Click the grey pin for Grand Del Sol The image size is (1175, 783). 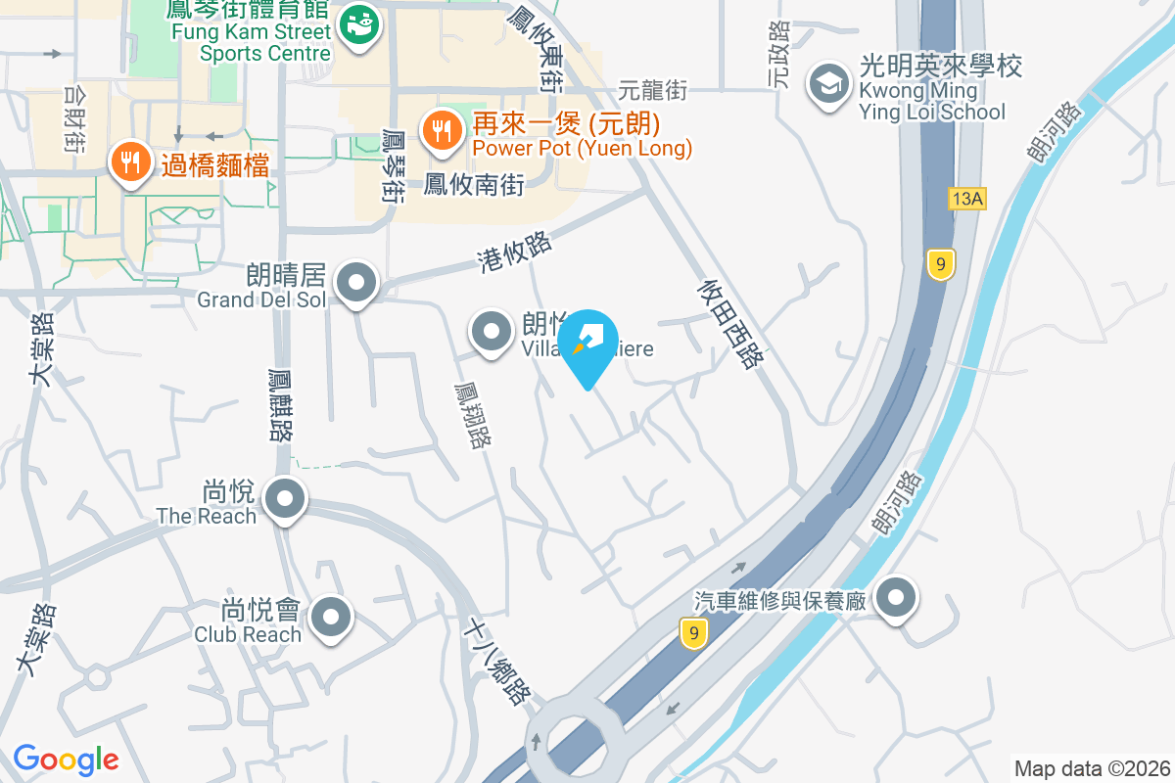(355, 285)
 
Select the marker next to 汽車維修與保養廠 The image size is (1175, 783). (895, 597)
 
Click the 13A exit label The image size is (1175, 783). (966, 200)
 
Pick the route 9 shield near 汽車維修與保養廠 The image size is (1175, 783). (693, 633)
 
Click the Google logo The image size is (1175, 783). (66, 759)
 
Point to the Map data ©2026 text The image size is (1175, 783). (1091, 768)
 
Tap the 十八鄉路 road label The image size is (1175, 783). (500, 661)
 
